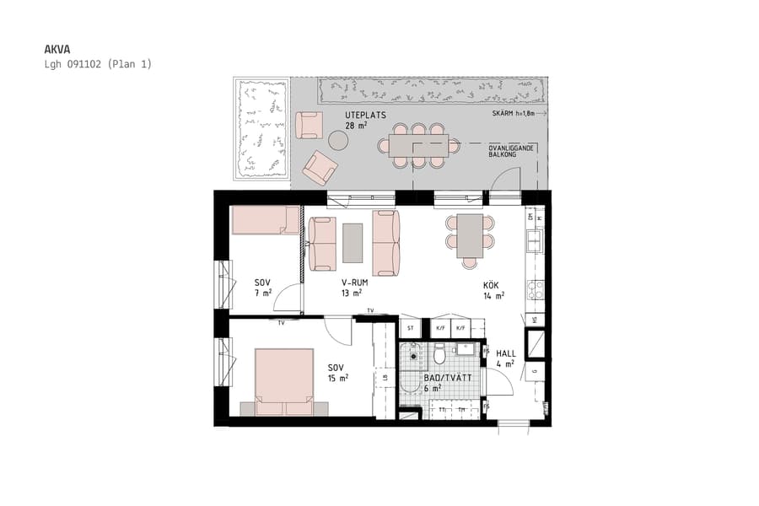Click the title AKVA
57,50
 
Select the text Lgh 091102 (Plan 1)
98,64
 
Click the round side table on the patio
337,140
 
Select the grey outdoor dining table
418,145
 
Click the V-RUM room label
354,283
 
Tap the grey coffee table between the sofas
353,242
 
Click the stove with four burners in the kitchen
536,290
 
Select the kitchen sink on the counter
535,241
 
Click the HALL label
505,354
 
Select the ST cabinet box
411,327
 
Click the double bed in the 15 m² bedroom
284,381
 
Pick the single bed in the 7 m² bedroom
265,221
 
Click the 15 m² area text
337,378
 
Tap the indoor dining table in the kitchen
470,236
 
